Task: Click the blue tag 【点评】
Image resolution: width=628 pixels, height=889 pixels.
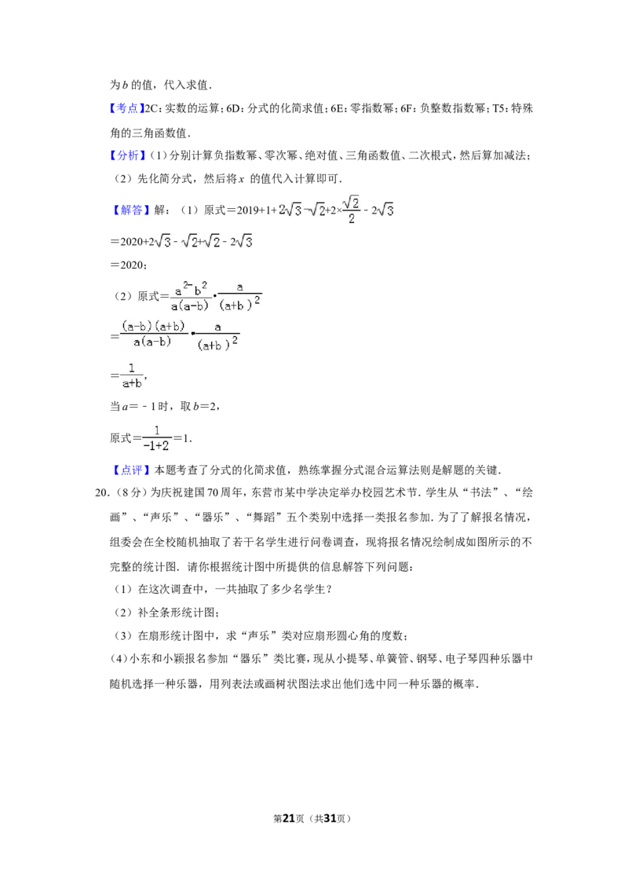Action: (x=131, y=470)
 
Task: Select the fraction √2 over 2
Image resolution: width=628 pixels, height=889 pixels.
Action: (x=352, y=210)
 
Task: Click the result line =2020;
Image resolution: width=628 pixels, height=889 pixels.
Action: (x=129, y=265)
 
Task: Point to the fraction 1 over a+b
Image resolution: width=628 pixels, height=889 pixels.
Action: (x=132, y=375)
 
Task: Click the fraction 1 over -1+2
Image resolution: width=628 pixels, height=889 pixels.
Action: (x=157, y=438)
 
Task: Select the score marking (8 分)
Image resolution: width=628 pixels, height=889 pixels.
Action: (x=130, y=492)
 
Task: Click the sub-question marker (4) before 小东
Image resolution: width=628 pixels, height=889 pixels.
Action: (x=119, y=660)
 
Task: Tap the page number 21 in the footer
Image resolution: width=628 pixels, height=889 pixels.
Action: (x=289, y=818)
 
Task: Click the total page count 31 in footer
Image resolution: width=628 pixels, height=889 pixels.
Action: (x=329, y=818)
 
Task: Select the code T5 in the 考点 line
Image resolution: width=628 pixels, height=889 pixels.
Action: (x=498, y=109)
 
